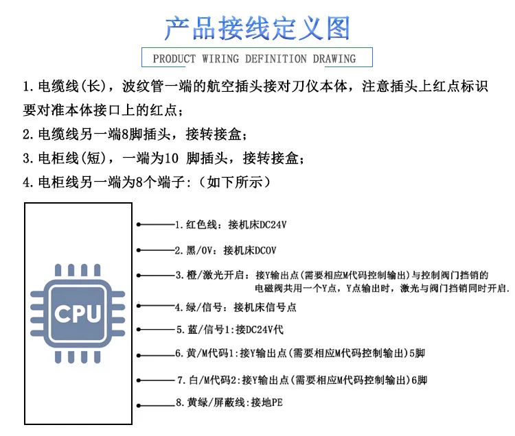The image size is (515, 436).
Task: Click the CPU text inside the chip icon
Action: tap(77, 315)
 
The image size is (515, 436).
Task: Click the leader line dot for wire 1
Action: tap(138, 224)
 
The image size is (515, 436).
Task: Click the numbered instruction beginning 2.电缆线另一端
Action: tap(135, 134)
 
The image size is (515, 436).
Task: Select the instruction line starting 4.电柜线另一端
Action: tap(148, 182)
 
